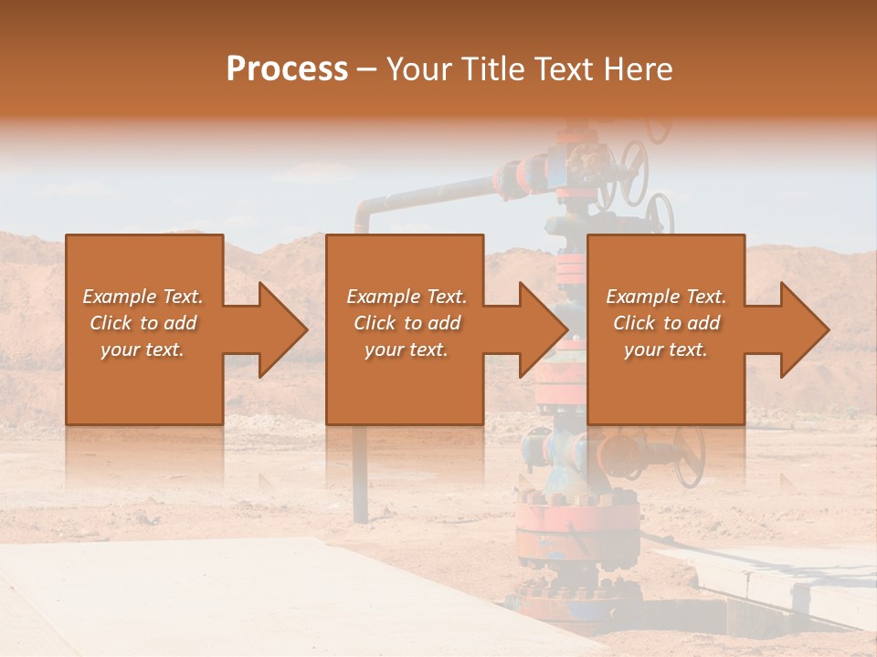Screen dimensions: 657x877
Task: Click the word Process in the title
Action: (287, 69)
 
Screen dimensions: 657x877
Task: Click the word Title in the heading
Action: (494, 69)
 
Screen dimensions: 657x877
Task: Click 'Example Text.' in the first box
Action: (143, 297)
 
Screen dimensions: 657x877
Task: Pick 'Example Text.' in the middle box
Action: (407, 297)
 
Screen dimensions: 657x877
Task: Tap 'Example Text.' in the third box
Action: (666, 297)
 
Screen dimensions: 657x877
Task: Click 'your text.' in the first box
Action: (143, 349)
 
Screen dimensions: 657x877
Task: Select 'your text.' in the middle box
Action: (407, 349)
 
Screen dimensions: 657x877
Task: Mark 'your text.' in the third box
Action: (666, 349)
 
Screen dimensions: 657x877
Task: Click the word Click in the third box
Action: (634, 323)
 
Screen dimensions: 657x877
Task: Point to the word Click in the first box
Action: (111, 323)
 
